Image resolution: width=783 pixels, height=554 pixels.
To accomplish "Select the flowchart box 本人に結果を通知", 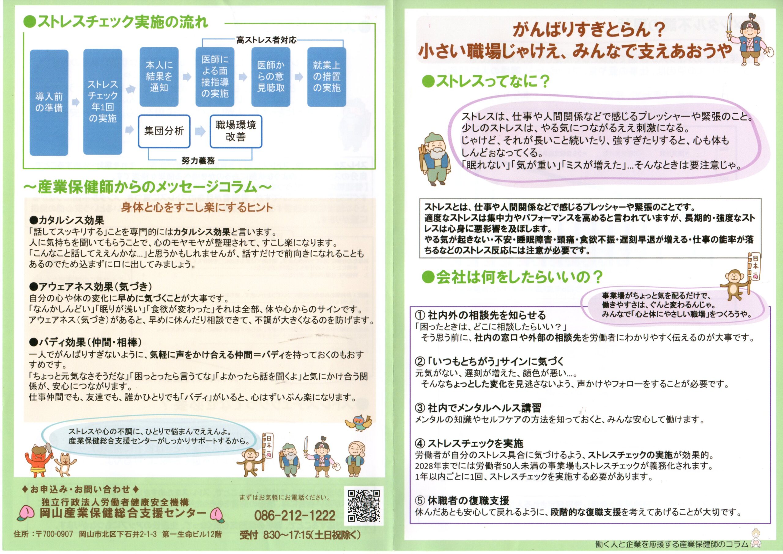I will coord(159,77).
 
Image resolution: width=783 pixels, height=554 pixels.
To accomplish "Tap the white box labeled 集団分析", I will coord(164,131).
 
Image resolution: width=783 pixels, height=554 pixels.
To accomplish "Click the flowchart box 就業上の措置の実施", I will coord(326,77).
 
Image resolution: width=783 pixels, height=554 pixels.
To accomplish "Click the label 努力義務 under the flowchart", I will coord(198,160).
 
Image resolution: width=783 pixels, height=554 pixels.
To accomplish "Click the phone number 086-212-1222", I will coord(295,516).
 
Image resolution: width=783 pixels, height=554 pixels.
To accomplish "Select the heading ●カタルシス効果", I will coord(66,220).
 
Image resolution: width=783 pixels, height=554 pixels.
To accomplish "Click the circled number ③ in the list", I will coord(420,408).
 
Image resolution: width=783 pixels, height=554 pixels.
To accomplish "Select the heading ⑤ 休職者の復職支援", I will coord(462,501).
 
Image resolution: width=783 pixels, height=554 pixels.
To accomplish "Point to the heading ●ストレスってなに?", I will coord(486,81).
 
